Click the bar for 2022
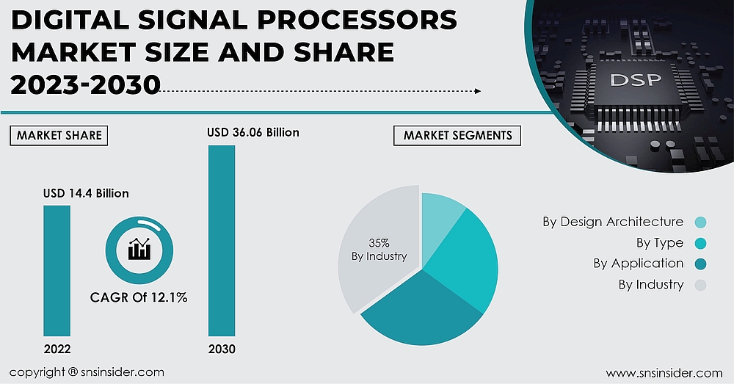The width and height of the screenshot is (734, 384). pyautogui.click(x=57, y=270)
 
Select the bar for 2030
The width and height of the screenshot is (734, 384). pyautogui.click(x=222, y=241)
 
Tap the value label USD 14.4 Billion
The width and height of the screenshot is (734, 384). pyautogui.click(x=85, y=194)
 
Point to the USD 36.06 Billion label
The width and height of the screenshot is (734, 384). pyautogui.click(x=252, y=133)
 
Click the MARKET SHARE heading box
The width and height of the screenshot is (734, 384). pyautogui.click(x=59, y=136)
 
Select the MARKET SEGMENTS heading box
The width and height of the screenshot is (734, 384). pyautogui.click(x=457, y=136)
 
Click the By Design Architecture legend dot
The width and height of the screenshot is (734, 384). pyautogui.click(x=700, y=222)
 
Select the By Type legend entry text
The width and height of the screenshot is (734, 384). pyautogui.click(x=659, y=243)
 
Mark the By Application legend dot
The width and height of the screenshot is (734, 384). pyautogui.click(x=700, y=264)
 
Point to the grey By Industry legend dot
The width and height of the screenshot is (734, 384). pyautogui.click(x=700, y=285)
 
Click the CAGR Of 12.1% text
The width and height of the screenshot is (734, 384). pyautogui.click(x=139, y=297)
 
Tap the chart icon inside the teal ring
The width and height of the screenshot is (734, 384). pyautogui.click(x=139, y=250)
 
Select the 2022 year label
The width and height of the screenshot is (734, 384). pyautogui.click(x=57, y=349)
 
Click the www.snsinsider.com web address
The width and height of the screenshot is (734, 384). pyautogui.click(x=664, y=373)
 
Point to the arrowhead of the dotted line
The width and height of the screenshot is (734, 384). pyautogui.click(x=478, y=91)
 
